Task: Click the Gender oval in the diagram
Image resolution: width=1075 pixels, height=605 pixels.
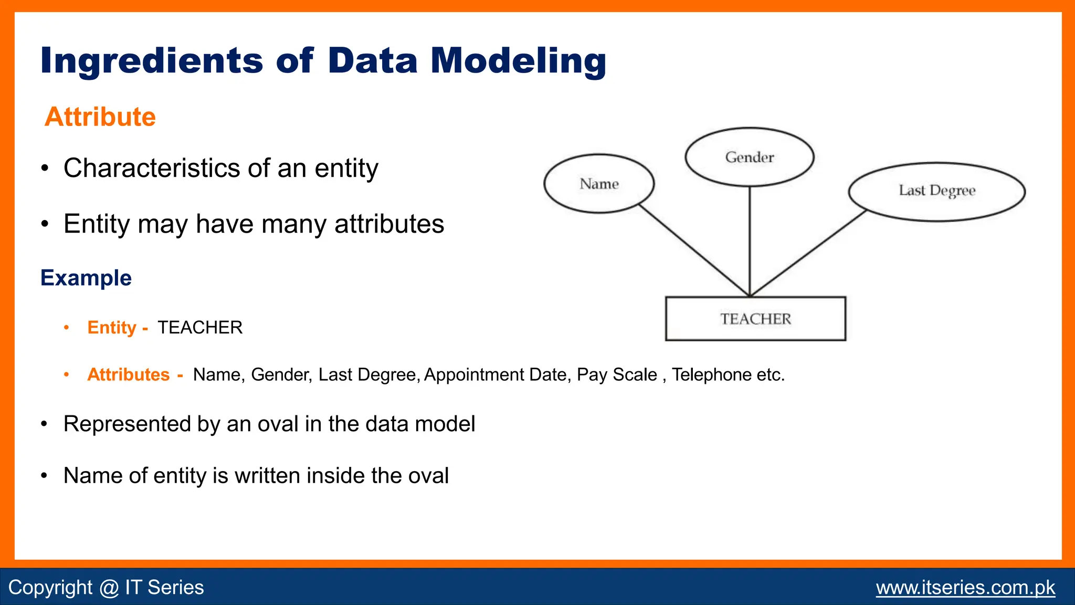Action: tap(749, 157)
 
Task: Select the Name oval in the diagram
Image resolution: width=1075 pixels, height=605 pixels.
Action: tap(599, 184)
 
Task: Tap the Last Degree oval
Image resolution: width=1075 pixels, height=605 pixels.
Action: tap(936, 192)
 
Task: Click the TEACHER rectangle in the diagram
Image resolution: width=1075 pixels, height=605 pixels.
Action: tap(755, 319)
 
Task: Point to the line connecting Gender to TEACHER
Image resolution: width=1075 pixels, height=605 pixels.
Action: tap(750, 242)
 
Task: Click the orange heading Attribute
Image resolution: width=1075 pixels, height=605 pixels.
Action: tap(100, 117)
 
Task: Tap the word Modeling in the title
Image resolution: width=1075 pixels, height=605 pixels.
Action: tap(518, 60)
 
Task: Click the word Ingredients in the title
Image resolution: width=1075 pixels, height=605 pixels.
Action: tap(151, 61)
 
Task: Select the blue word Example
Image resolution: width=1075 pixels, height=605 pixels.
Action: tap(86, 278)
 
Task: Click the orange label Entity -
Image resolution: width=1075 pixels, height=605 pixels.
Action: tap(117, 328)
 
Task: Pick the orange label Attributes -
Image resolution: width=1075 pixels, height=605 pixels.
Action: tap(134, 375)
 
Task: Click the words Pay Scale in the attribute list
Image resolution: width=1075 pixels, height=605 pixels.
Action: tap(617, 375)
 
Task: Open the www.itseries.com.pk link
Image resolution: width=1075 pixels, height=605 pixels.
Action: tap(965, 588)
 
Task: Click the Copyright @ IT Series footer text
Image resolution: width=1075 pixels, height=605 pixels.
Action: tap(106, 588)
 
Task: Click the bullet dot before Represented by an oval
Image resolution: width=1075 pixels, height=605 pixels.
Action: tap(45, 424)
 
